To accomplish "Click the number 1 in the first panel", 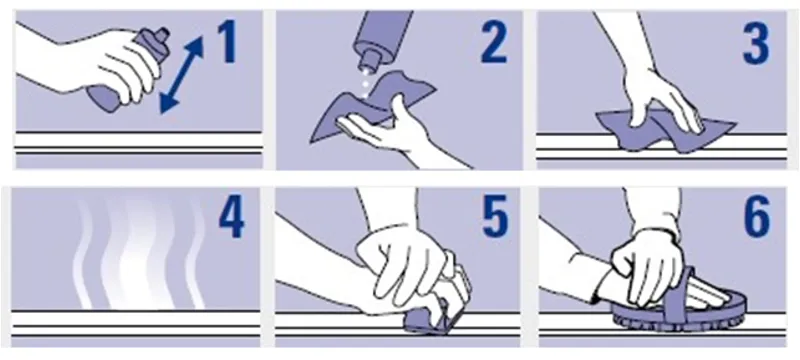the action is point(228,41).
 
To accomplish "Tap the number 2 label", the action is point(493,41).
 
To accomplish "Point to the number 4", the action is point(232,216).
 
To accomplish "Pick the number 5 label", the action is point(495,217).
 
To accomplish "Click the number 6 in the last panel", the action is point(757,217).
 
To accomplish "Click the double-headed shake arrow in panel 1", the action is point(182,74).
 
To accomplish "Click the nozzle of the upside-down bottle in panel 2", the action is point(367,63).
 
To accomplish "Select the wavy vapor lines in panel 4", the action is point(139,253).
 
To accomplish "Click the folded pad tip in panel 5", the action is point(428,323).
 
